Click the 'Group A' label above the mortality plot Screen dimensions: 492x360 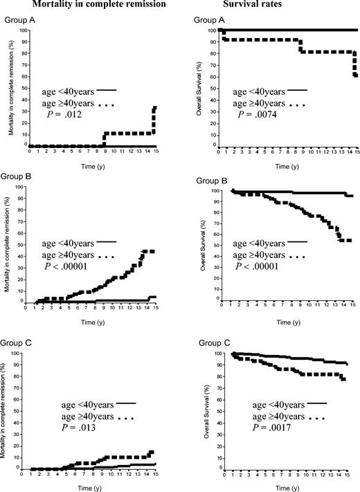[x=20, y=20]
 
